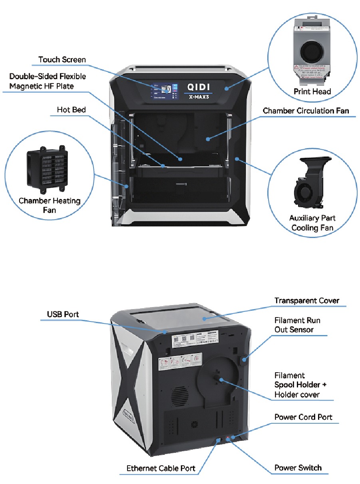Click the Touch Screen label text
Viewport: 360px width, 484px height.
[x=62, y=60]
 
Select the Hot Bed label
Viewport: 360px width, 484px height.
[x=71, y=110]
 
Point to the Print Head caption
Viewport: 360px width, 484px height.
[x=312, y=92]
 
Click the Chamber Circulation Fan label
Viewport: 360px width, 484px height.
[x=306, y=111]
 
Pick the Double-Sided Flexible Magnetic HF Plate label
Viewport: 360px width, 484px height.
[x=48, y=81]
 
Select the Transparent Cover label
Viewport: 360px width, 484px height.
[x=306, y=301]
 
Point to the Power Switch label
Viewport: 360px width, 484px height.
[x=298, y=468]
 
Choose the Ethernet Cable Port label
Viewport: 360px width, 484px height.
[x=161, y=468]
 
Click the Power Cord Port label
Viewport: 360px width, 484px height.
[x=303, y=417]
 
